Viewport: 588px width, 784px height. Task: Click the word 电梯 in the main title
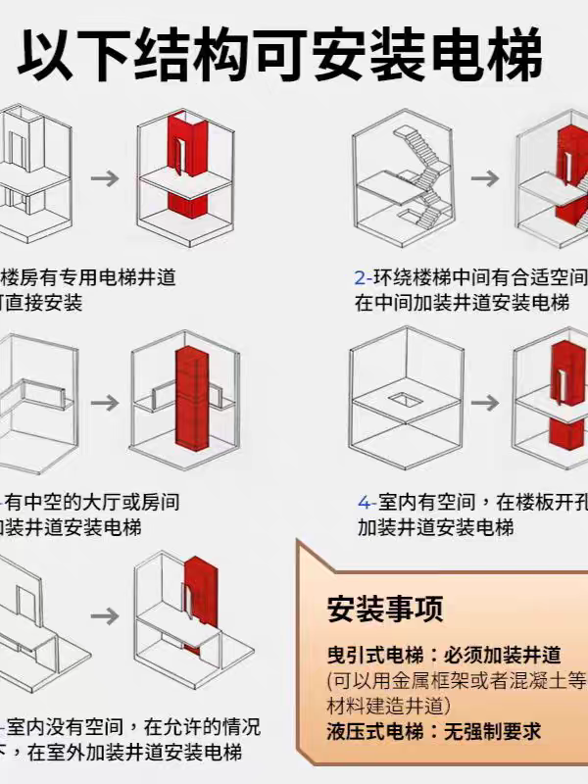pos(495,56)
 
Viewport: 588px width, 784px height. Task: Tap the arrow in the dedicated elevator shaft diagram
pos(105,178)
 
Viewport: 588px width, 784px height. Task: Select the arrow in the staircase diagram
pos(484,178)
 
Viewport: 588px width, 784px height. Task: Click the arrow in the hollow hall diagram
pos(105,403)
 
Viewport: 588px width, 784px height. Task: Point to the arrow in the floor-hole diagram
pos(484,403)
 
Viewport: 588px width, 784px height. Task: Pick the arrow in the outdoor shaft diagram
pos(105,616)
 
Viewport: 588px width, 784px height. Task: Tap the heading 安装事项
pos(384,608)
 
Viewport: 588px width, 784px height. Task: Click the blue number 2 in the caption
pos(360,278)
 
